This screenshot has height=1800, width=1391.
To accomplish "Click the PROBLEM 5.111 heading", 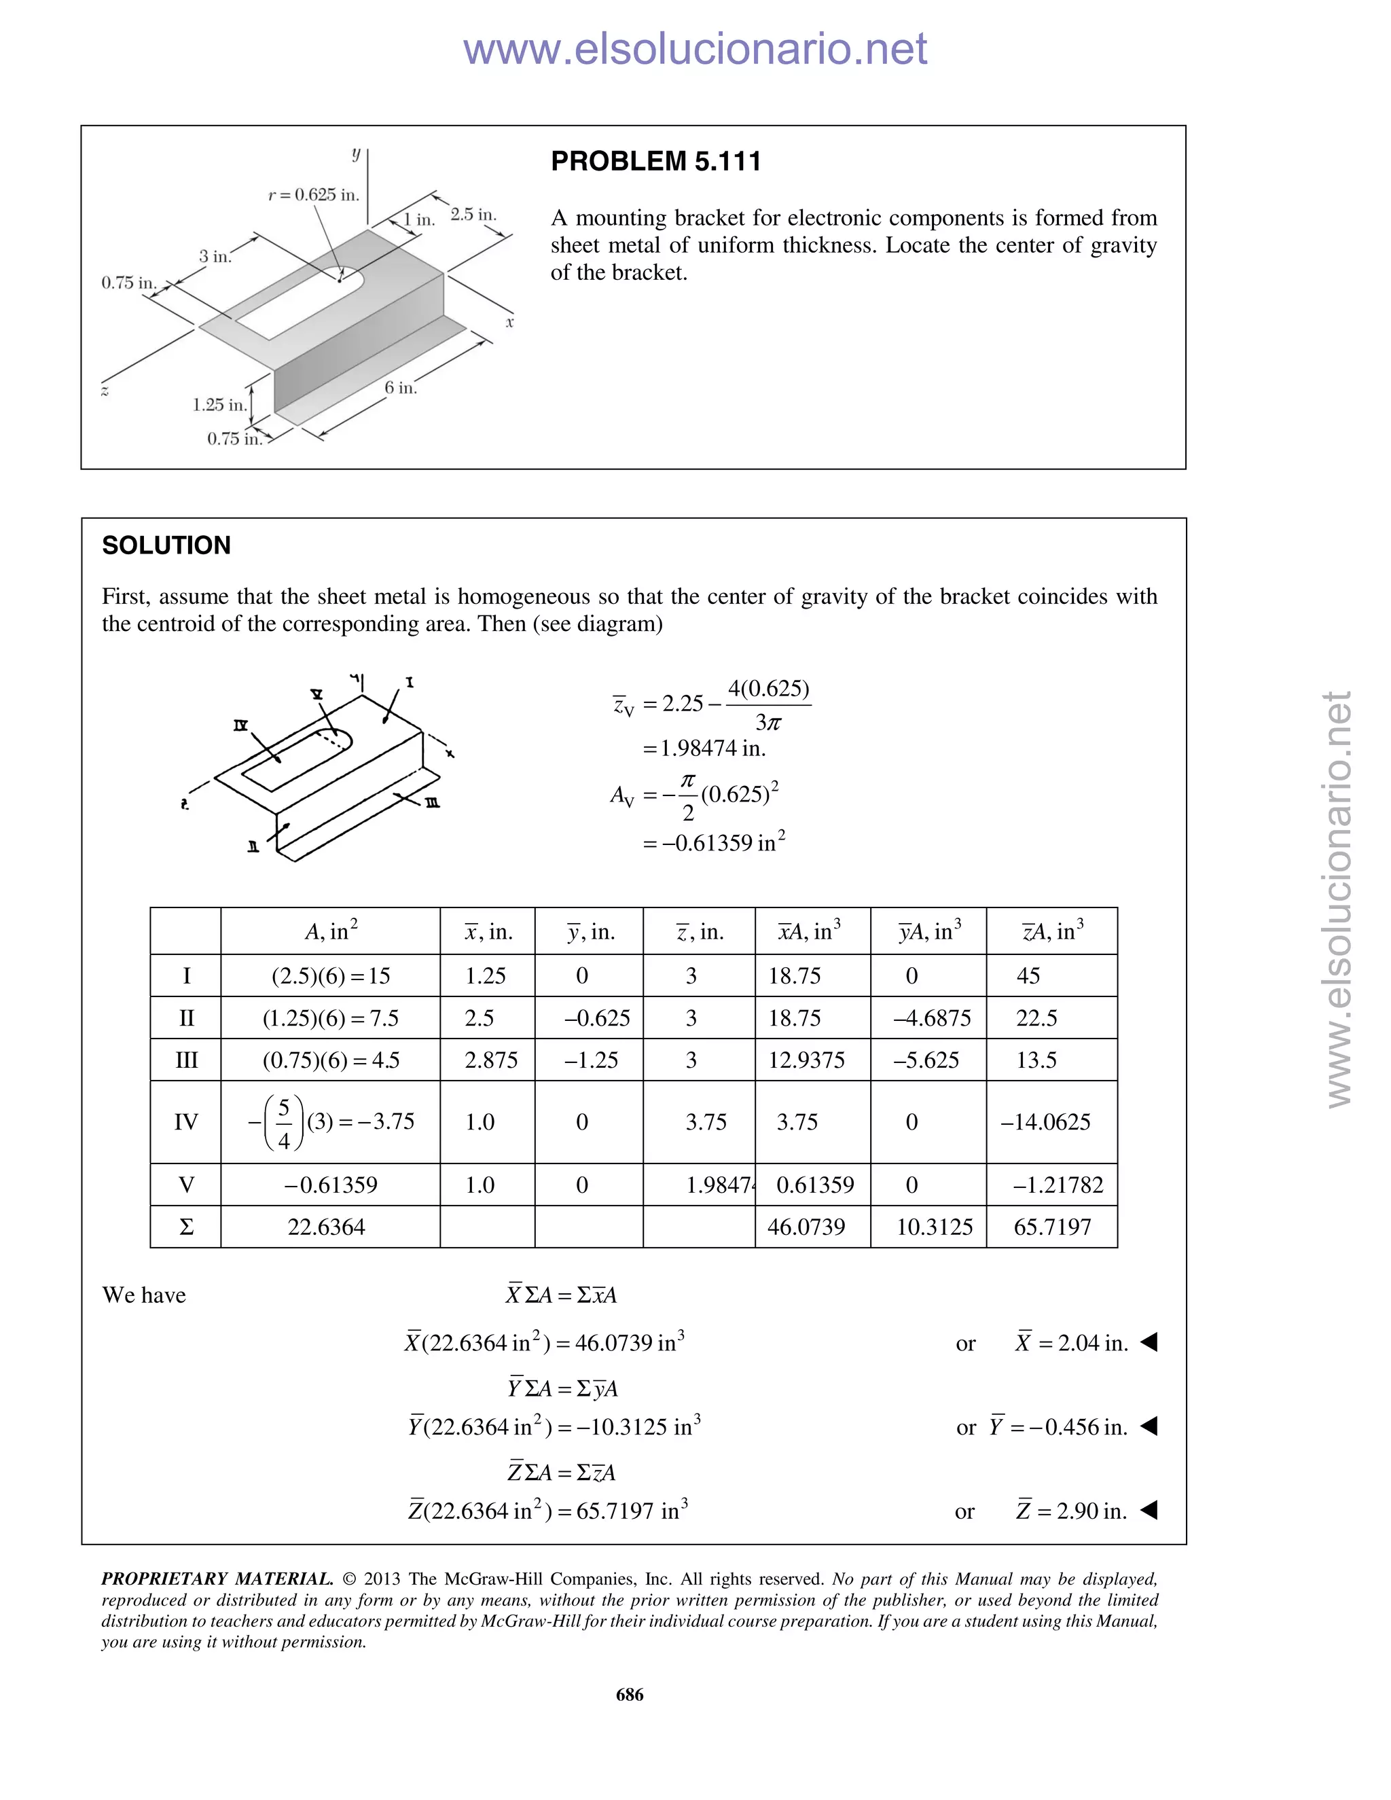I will click(x=655, y=162).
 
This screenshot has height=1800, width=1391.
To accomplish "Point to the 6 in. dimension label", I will click(x=401, y=387).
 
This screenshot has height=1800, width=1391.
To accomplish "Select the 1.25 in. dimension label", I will click(x=219, y=405).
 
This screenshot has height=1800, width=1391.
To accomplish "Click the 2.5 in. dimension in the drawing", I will click(x=473, y=214).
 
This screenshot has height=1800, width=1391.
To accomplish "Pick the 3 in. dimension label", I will click(x=214, y=256).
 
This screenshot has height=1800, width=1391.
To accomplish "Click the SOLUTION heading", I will click(x=166, y=545).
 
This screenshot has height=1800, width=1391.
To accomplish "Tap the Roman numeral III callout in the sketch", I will click(x=432, y=803).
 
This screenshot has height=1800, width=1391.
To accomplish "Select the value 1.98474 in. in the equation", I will click(x=704, y=749).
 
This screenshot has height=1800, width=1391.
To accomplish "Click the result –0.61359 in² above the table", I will click(x=714, y=843).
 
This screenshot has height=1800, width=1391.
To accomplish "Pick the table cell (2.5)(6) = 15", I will click(x=331, y=976).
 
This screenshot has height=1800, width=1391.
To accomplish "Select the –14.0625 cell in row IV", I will click(x=1045, y=1121).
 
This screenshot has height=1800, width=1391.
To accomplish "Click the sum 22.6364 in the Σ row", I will click(x=326, y=1227).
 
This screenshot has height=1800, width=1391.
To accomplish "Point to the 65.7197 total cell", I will click(x=1052, y=1227).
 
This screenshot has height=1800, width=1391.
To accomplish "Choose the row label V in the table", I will click(x=186, y=1185).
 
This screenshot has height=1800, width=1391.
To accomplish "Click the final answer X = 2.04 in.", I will click(x=1071, y=1343).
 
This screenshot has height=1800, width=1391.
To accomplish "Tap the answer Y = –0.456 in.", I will click(x=1058, y=1426).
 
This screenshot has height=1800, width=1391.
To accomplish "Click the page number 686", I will click(x=630, y=1695).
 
